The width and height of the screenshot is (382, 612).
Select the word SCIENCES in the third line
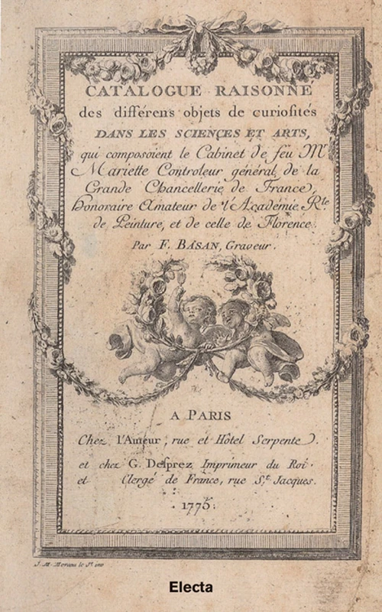(204, 135)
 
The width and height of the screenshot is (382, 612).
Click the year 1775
(196, 508)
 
